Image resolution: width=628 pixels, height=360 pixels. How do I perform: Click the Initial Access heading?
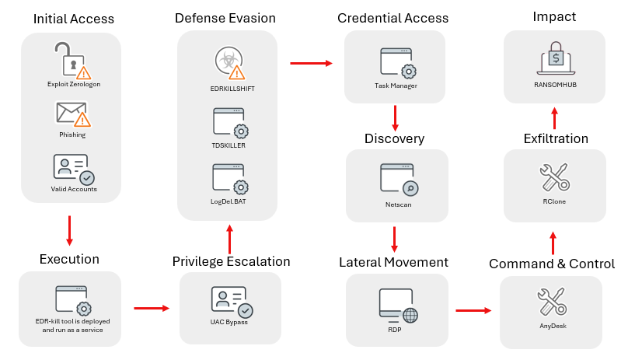tap(74, 19)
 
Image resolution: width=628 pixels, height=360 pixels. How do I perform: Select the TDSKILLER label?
tap(229, 145)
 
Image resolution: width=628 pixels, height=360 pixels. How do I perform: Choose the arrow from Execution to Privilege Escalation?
tap(151, 309)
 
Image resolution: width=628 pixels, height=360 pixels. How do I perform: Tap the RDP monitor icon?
tap(398, 303)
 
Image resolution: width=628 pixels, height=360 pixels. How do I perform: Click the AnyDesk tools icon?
tap(553, 302)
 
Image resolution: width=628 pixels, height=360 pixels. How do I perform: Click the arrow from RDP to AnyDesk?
tap(473, 310)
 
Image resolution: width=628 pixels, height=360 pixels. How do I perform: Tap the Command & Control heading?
tap(552, 264)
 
